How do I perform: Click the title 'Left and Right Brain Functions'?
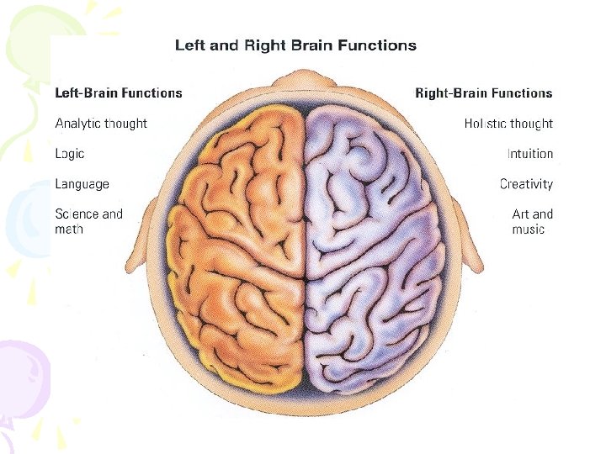click(295, 45)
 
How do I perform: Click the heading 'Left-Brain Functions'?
click(119, 92)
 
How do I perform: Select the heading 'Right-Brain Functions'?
click(484, 92)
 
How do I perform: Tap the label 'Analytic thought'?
click(101, 124)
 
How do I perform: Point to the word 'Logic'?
click(70, 154)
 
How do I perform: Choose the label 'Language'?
click(82, 184)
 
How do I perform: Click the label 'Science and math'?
click(88, 221)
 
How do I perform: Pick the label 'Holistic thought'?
click(508, 124)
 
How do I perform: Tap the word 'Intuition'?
click(529, 154)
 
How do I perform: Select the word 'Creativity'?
click(526, 184)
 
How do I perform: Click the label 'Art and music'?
click(532, 221)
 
